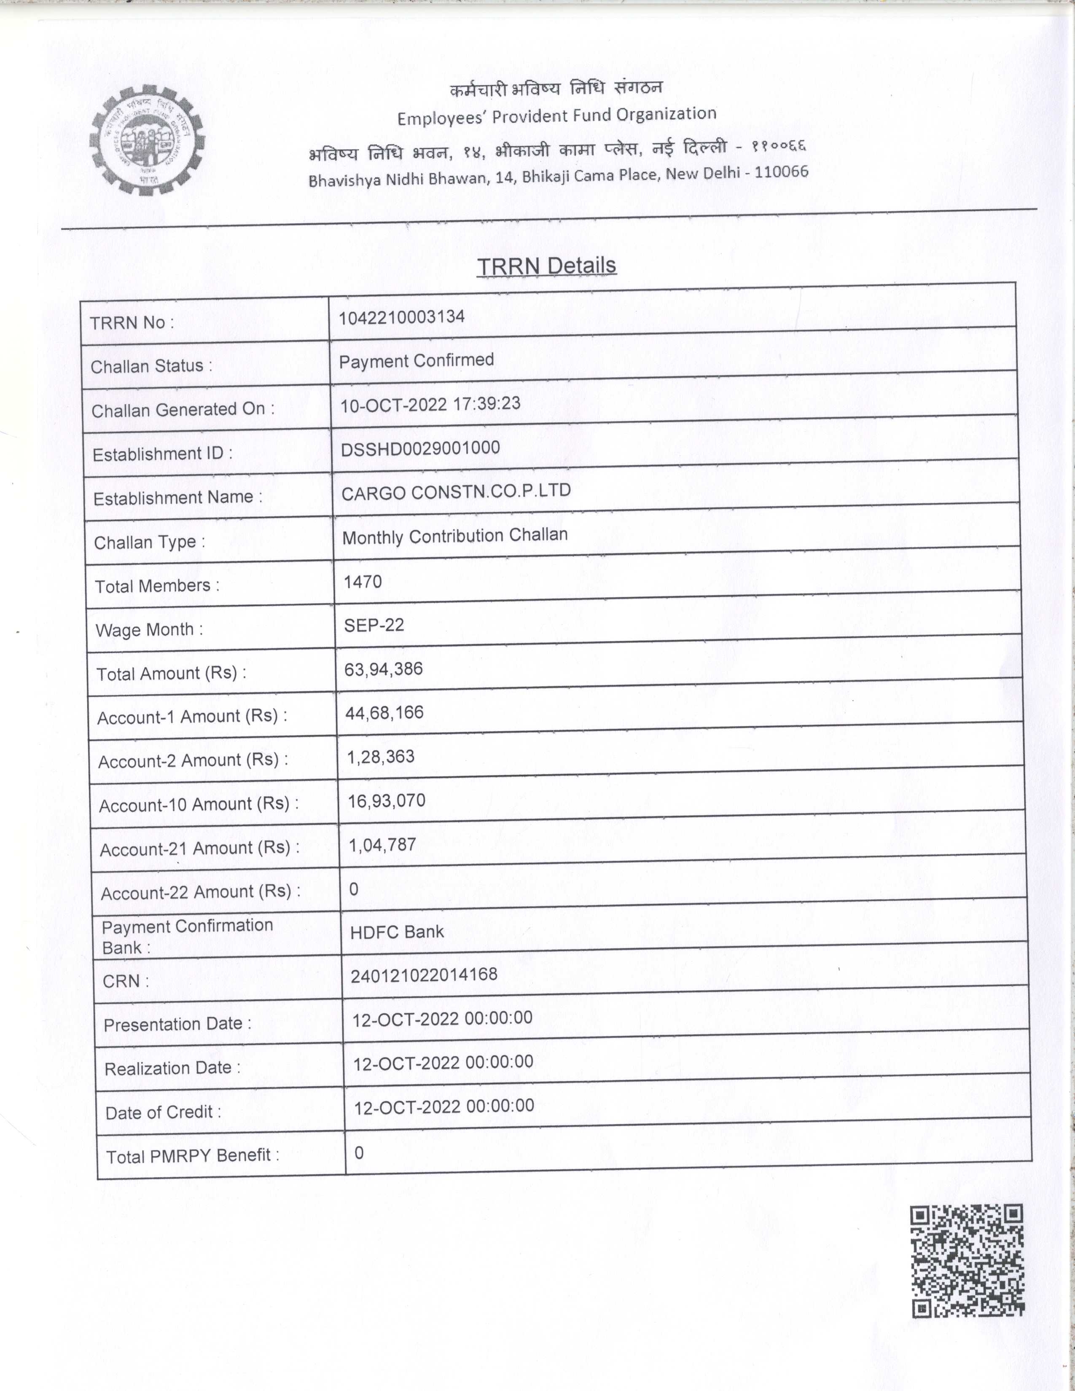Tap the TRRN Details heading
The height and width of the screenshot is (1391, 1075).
click(546, 266)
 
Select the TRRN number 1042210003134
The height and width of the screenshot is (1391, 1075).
click(401, 317)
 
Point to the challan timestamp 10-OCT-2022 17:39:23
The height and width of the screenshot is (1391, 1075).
click(430, 404)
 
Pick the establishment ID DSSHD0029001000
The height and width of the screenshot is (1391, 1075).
click(420, 448)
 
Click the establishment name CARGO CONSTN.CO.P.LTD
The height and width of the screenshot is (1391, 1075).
click(456, 491)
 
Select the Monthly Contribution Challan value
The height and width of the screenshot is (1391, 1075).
click(455, 536)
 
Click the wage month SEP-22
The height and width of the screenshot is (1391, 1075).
click(374, 625)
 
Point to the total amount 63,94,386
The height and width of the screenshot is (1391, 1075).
click(383, 669)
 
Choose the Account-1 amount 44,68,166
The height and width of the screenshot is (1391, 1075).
click(384, 713)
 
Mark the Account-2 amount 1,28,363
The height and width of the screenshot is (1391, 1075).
click(380, 757)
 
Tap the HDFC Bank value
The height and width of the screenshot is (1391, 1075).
click(397, 932)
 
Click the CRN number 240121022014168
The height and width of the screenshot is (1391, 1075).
click(424, 975)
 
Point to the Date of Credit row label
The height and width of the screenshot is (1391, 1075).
click(163, 1112)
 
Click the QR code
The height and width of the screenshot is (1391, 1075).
click(967, 1260)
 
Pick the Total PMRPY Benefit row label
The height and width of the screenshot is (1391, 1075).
click(192, 1156)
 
